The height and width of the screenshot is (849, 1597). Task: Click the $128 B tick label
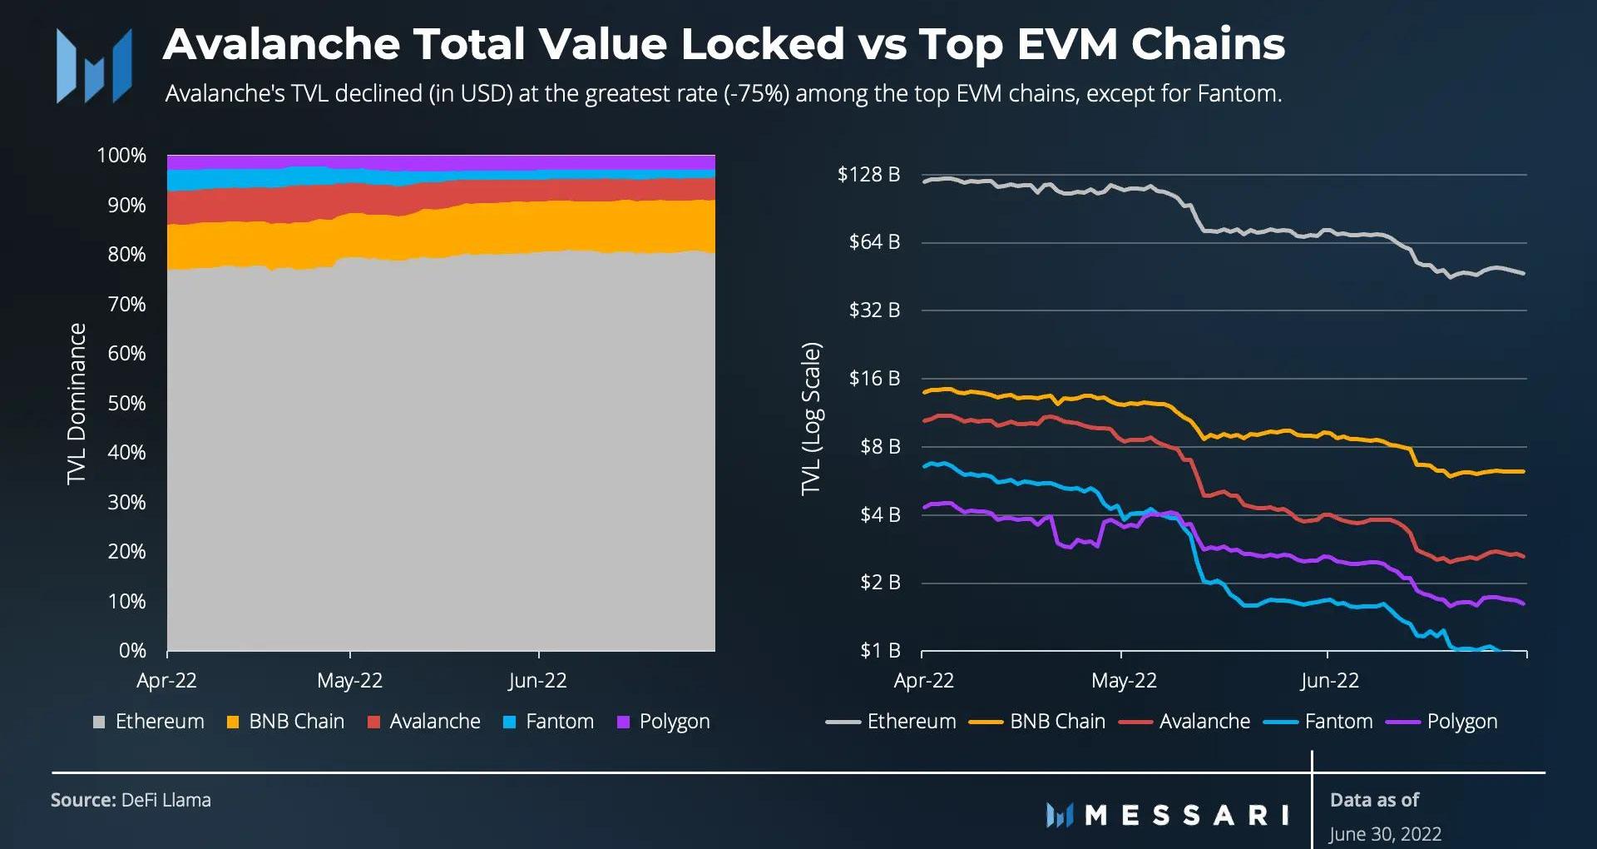[x=868, y=174]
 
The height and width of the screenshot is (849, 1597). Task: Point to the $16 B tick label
[x=874, y=378]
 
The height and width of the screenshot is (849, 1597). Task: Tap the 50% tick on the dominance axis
[x=126, y=403]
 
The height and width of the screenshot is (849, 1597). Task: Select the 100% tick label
[x=121, y=156]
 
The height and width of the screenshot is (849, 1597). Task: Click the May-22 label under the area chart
[x=349, y=680]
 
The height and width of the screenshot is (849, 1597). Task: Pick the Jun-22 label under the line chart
[x=1329, y=680]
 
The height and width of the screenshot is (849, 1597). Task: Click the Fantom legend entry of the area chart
[x=549, y=722]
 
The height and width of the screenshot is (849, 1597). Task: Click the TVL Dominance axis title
[x=77, y=403]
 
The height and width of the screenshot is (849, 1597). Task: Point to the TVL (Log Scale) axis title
[x=811, y=418]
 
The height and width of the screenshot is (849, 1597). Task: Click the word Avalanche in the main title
[x=281, y=44]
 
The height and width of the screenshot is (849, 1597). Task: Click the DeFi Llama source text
[x=166, y=800]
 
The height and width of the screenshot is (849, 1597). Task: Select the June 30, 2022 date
[x=1385, y=833]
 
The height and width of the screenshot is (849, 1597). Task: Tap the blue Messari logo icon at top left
[x=93, y=66]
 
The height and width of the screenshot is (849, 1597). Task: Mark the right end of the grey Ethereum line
[x=1524, y=273]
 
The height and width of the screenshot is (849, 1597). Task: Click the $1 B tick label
[x=880, y=650]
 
